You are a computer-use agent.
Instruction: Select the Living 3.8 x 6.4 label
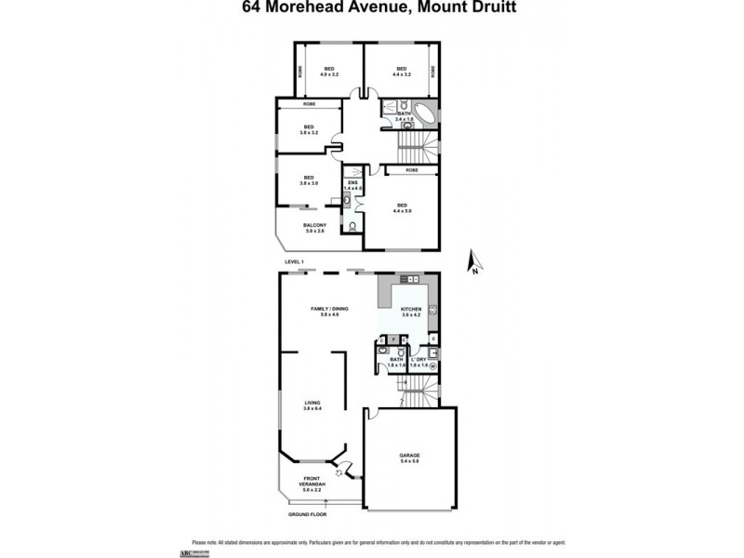[312, 405]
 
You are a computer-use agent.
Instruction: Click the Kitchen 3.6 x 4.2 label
[410, 312]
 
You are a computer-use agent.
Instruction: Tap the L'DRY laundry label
[418, 362]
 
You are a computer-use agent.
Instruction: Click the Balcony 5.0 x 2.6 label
[314, 228]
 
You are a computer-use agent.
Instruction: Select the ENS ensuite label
[353, 185]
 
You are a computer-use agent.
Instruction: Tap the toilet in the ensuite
[352, 227]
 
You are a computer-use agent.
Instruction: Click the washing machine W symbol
[432, 366]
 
